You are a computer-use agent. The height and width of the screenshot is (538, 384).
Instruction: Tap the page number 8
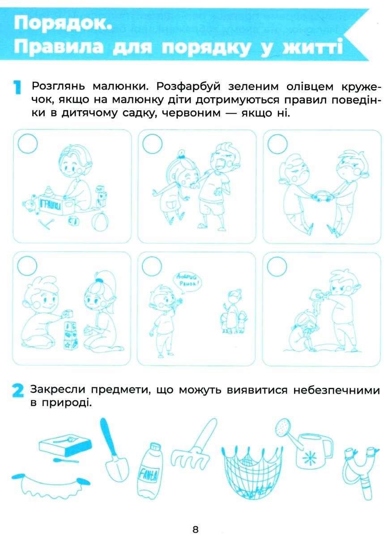coord(195,529)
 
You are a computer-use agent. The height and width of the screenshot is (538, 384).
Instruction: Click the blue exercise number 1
coord(17,88)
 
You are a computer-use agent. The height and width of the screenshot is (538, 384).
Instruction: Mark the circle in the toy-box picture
coord(28,143)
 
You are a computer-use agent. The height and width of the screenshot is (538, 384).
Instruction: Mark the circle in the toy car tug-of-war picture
coord(277,144)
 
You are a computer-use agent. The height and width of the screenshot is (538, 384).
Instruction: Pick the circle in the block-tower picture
coord(27,266)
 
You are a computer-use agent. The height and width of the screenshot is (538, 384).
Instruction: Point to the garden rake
coord(195,442)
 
